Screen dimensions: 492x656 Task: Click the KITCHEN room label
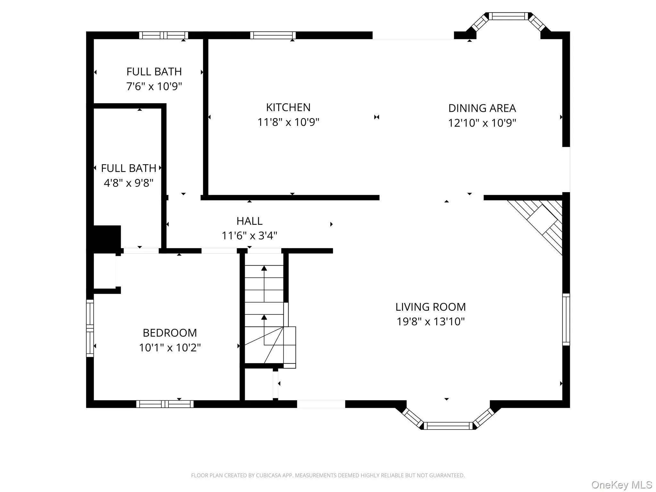click(x=288, y=107)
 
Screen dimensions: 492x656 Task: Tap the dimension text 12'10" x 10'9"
click(x=482, y=123)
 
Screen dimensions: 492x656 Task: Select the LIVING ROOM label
click(x=430, y=307)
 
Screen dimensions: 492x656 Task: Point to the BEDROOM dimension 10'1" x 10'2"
click(x=170, y=348)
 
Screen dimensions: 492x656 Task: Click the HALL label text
click(x=250, y=221)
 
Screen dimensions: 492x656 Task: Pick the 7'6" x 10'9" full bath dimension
click(x=154, y=86)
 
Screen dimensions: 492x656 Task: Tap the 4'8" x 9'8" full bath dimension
click(x=128, y=183)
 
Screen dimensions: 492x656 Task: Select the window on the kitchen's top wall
click(x=273, y=35)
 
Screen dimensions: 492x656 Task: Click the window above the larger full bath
click(x=163, y=35)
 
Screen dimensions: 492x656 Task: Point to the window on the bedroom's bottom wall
click(x=165, y=404)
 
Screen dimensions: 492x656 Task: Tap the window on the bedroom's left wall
click(x=90, y=328)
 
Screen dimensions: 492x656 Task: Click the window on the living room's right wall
click(x=566, y=319)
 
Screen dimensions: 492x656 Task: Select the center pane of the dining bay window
click(x=508, y=16)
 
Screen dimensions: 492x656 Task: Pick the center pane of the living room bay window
click(x=448, y=426)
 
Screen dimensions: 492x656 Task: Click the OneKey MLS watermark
click(x=621, y=485)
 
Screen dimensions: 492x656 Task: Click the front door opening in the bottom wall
click(x=321, y=404)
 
